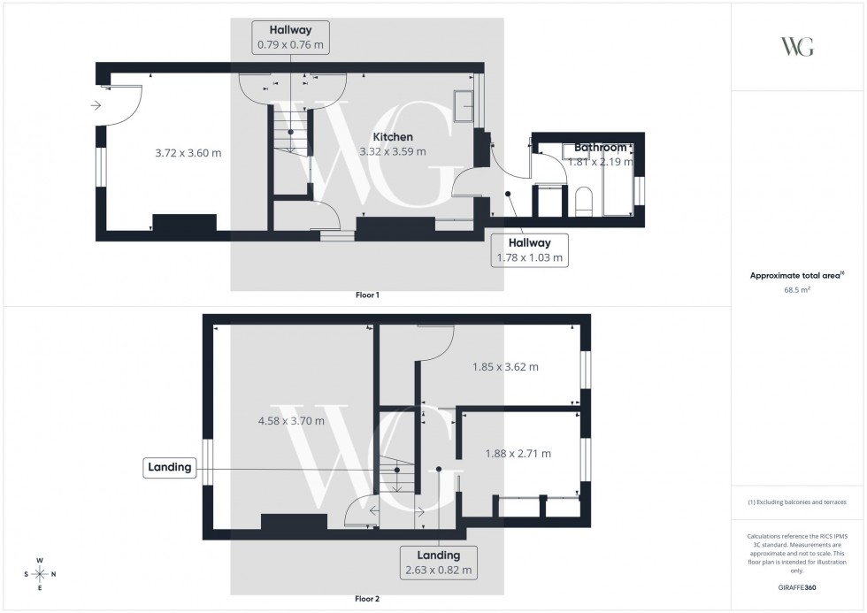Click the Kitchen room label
[392, 137]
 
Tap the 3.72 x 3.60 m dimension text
[188, 153]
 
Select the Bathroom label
[600, 147]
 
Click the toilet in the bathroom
[583, 200]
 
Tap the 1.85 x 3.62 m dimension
[505, 367]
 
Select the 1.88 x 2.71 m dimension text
[518, 454]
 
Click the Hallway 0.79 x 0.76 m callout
[290, 37]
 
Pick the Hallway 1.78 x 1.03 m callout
[528, 250]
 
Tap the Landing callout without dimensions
[170, 468]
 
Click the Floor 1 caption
[366, 295]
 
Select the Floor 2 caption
[366, 599]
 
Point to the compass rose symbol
[40, 573]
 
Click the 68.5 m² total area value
[798, 289]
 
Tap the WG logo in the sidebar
[798, 47]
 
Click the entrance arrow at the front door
[95, 107]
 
